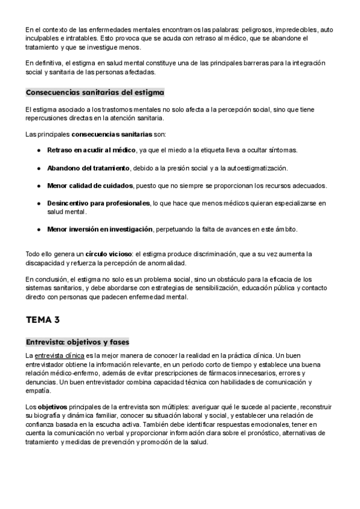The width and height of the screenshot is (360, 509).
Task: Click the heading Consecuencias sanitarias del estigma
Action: tap(95, 93)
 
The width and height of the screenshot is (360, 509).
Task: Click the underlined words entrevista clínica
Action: tap(59, 356)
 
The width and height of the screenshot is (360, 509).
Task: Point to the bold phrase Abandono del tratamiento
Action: tap(88, 167)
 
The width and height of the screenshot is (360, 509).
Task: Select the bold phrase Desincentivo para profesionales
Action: tap(98, 203)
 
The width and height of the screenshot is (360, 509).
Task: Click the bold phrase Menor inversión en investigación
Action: tap(100, 229)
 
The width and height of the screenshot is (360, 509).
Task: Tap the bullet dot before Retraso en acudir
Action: tap(39, 149)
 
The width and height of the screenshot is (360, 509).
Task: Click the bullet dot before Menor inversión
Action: tap(39, 229)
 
